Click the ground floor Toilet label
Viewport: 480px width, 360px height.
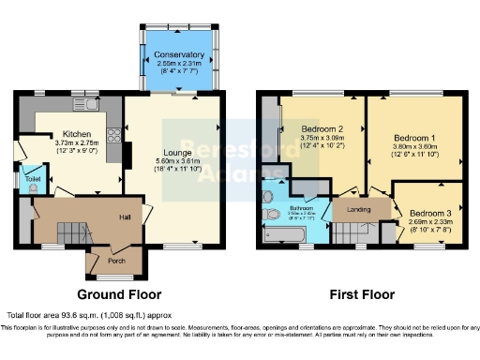pos(33,177)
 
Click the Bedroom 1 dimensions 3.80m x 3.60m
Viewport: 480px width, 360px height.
pos(412,146)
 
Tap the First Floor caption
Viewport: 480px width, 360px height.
pos(360,292)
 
